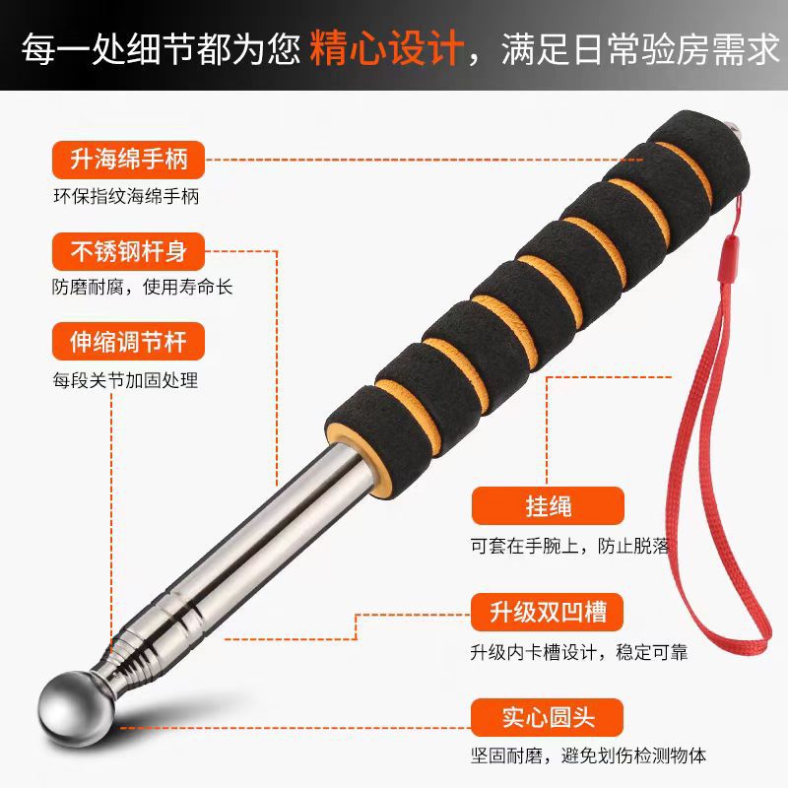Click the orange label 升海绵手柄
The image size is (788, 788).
tap(127, 158)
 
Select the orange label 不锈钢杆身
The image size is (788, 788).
tap(127, 250)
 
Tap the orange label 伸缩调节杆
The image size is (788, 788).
tap(127, 342)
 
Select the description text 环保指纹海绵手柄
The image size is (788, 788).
tap(126, 195)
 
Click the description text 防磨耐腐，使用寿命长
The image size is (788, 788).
tap(143, 288)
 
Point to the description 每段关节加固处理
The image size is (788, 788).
tap(126, 379)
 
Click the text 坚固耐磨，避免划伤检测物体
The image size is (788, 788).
tap(587, 756)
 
